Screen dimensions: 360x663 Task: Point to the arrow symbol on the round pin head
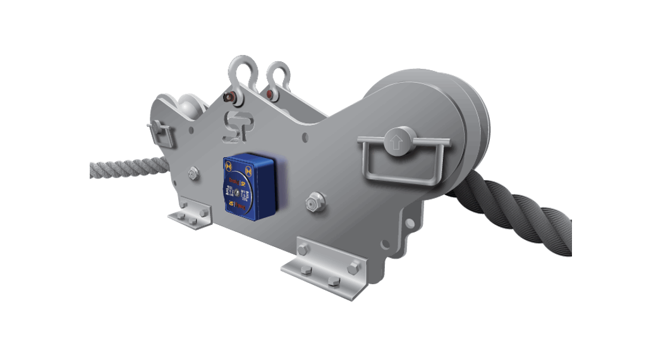click(396, 141)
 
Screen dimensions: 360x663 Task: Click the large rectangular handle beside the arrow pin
click(404, 166)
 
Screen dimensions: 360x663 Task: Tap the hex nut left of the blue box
click(193, 172)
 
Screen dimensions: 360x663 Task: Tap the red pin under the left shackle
click(229, 97)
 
